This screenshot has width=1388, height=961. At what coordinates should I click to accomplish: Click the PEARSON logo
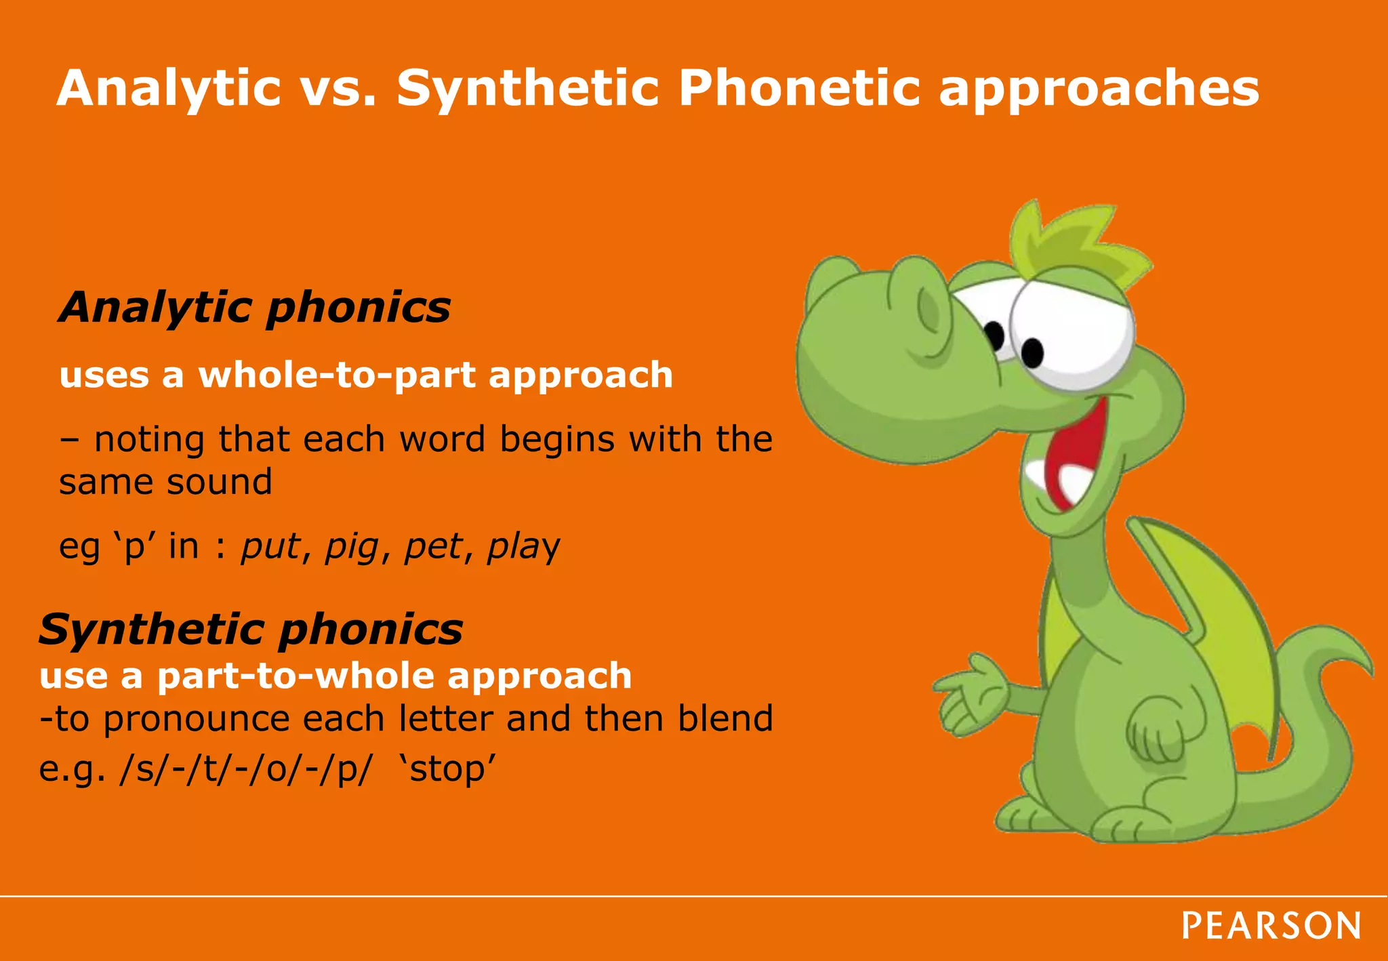click(1271, 926)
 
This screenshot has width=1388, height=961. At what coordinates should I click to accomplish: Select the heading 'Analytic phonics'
click(255, 307)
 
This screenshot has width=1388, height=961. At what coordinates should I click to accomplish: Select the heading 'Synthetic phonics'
click(251, 629)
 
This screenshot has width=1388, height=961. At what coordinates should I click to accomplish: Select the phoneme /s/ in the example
click(138, 770)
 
